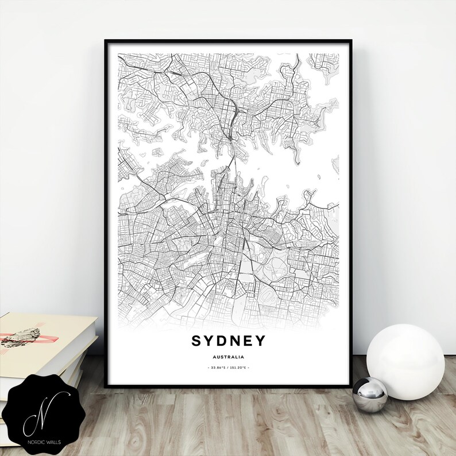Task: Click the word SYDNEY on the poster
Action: pyautogui.click(x=228, y=341)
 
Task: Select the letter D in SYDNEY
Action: pyautogui.click(x=222, y=341)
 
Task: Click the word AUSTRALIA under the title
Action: pyautogui.click(x=228, y=357)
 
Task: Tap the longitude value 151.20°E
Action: pyautogui.click(x=239, y=367)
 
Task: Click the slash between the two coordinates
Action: pyautogui.click(x=228, y=367)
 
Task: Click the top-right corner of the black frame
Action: pyautogui.click(x=351, y=41)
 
